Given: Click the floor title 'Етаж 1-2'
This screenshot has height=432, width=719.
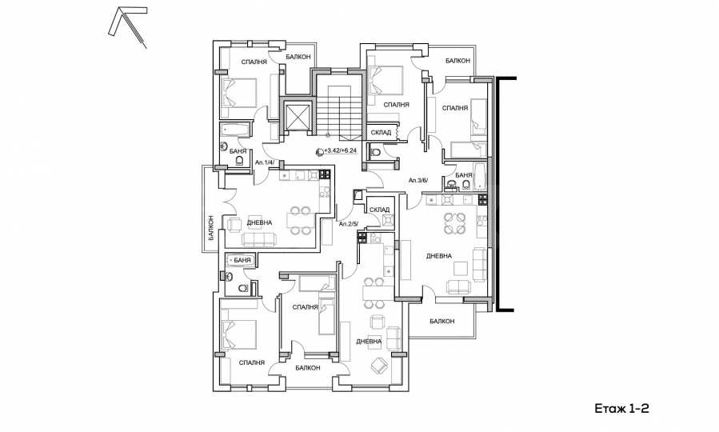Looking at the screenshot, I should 621,408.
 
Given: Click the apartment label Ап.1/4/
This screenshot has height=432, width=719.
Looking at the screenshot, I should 265,163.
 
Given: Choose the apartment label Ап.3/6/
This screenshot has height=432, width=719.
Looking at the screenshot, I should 418,180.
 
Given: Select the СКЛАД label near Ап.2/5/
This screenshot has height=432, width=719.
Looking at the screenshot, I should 380,210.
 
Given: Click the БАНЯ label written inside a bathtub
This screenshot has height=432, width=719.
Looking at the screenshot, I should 239,261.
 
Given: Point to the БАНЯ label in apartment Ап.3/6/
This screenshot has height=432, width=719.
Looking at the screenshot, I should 462,174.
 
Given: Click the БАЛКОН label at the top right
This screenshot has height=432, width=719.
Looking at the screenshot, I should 458,60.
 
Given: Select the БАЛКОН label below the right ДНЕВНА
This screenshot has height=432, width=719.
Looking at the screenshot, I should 441,321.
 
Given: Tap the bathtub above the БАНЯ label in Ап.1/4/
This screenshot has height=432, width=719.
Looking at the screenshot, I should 235,130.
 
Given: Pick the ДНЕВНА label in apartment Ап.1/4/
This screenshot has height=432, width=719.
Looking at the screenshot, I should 258,222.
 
